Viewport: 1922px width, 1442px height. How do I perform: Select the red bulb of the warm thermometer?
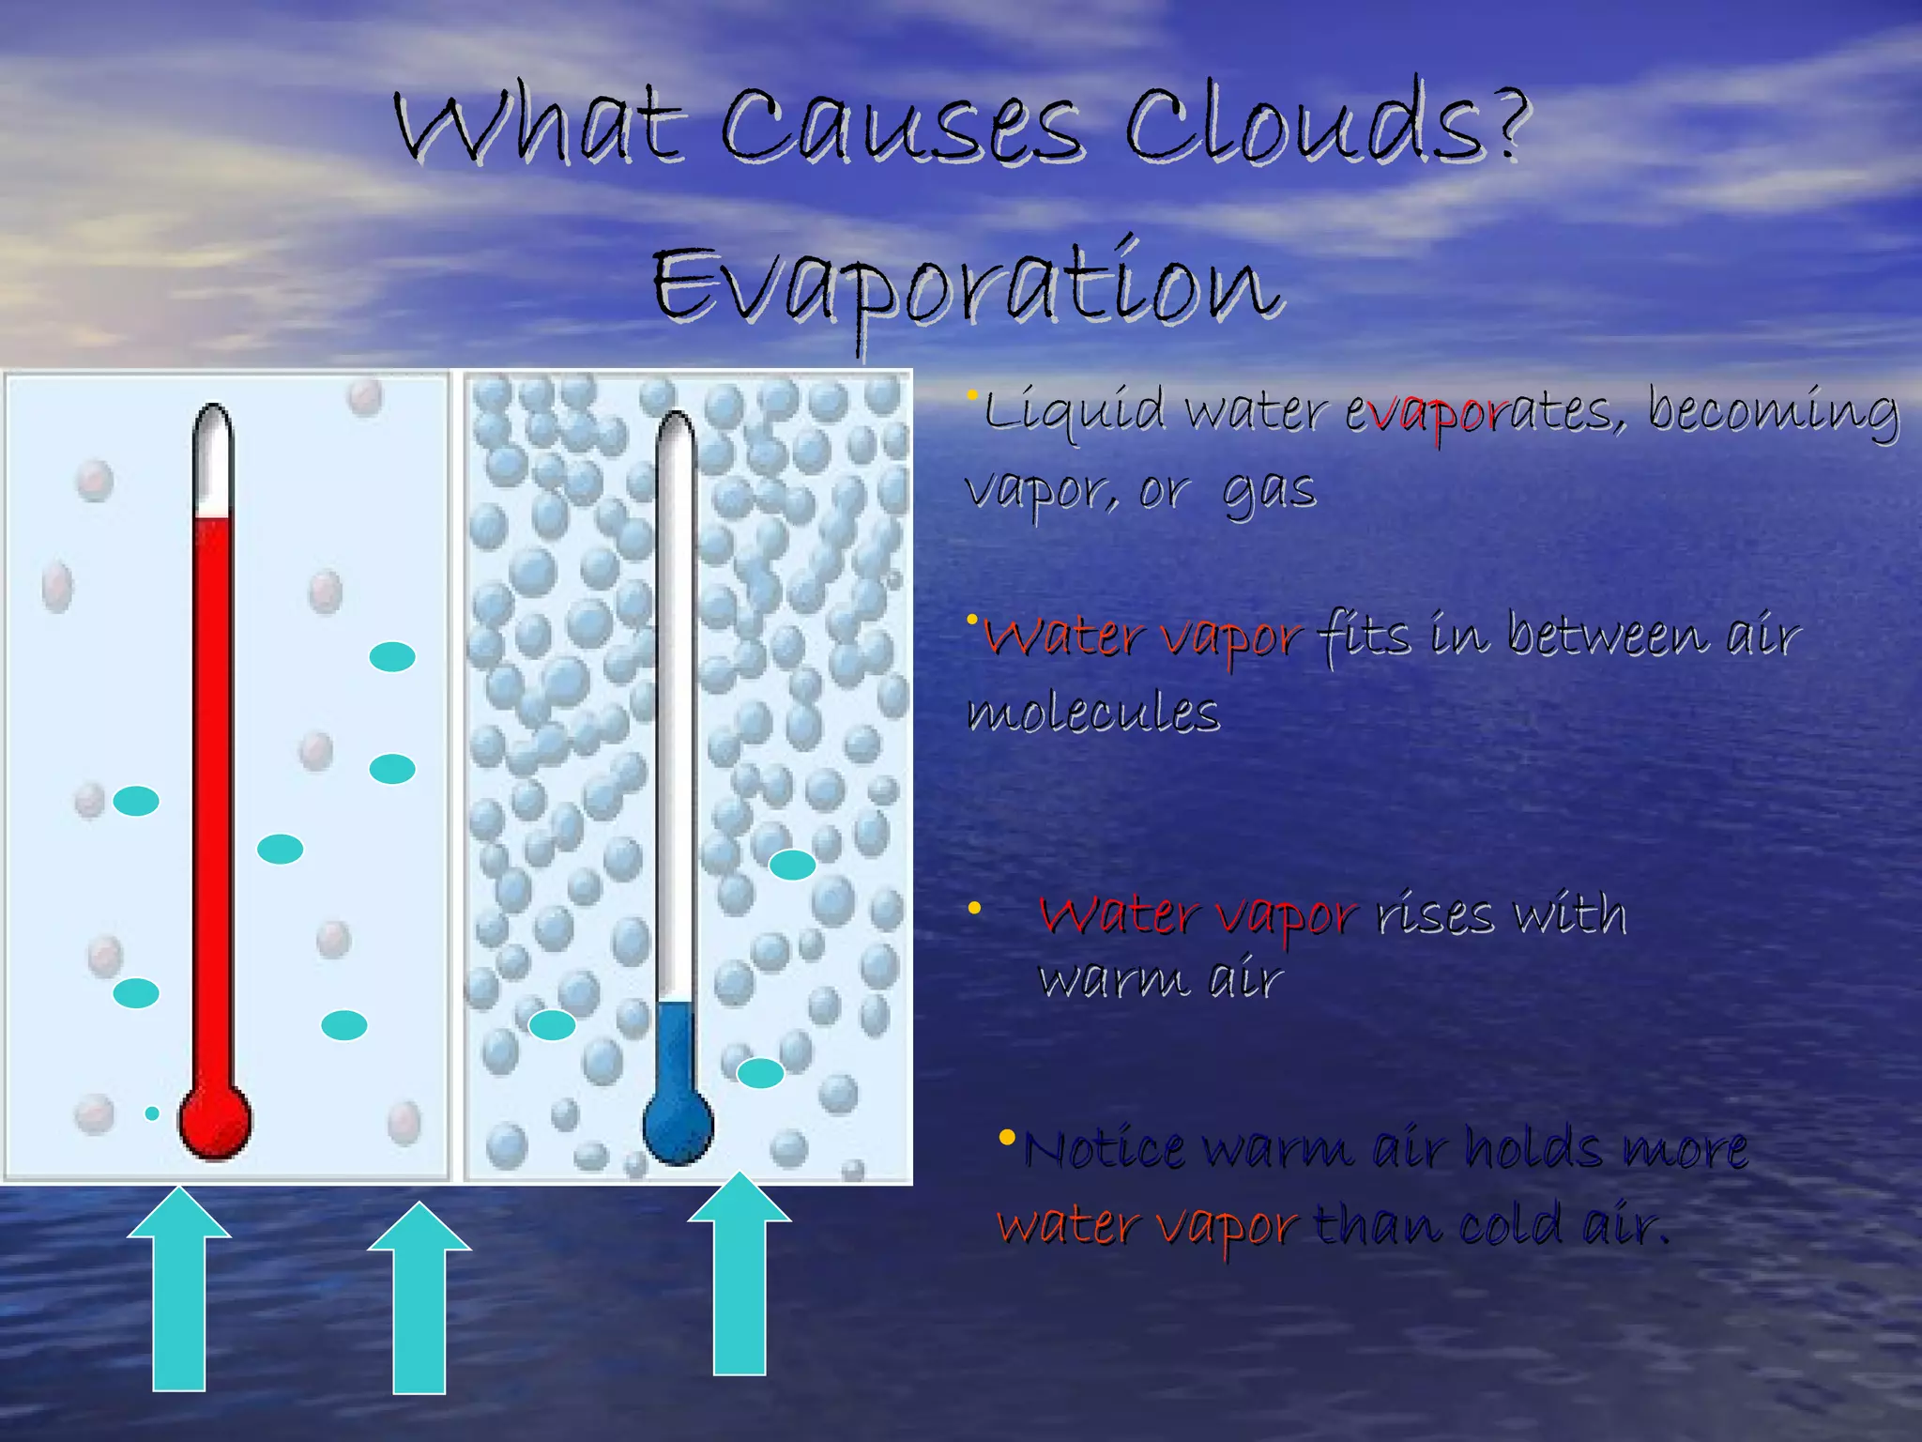pos(215,1123)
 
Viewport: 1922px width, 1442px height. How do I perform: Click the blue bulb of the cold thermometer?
pos(678,1127)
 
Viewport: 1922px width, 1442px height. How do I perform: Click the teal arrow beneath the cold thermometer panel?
pos(740,1277)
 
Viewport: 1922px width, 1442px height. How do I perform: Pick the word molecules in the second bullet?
pos(1093,713)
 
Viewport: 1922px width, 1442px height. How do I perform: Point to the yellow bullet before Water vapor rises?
pos(974,908)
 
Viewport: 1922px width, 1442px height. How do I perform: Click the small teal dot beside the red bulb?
pos(152,1113)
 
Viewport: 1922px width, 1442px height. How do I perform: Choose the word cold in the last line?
pos(1514,1225)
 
